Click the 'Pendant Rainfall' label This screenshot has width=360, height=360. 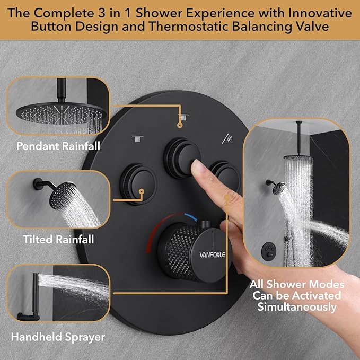pyautogui.click(x=58, y=146)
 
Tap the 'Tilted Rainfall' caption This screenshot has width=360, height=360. pyautogui.click(x=58, y=240)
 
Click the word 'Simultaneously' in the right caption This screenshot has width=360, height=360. pyautogui.click(x=297, y=307)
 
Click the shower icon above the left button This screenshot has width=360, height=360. pyautogui.click(x=137, y=138)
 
